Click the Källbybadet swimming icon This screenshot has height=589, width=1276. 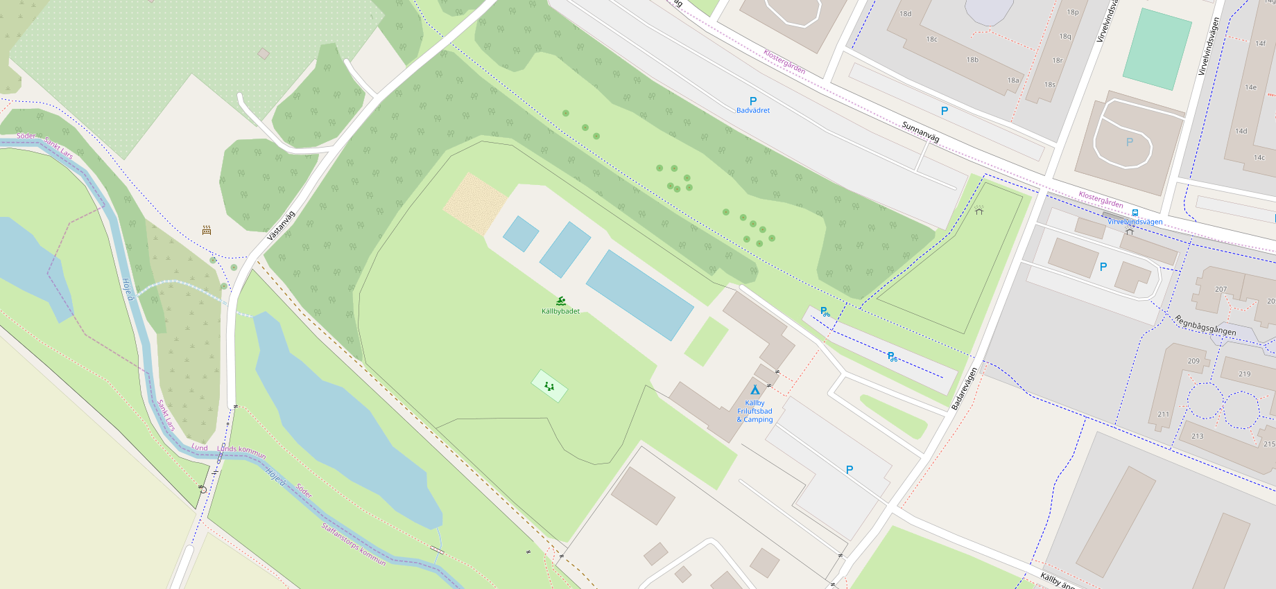coord(561,301)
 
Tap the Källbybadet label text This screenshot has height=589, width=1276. coord(560,311)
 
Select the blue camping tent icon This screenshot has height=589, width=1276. coord(755,390)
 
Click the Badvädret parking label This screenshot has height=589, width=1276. coord(753,110)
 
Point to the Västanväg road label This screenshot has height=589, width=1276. coord(282,226)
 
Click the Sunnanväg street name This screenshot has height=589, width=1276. coord(920,132)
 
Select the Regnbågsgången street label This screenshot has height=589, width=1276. coord(1205,325)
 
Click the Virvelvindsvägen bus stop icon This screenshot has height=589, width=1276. coord(1135,213)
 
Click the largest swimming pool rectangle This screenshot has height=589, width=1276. coord(639,295)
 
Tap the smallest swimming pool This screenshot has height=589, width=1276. coord(521,234)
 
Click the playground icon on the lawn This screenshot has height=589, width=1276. coord(549,386)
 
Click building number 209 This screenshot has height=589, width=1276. coord(1193,361)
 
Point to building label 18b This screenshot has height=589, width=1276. coord(973,60)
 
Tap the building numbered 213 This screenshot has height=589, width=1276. coord(1198,436)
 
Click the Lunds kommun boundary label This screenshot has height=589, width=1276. coord(242,450)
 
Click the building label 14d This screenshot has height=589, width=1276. coord(1241,131)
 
